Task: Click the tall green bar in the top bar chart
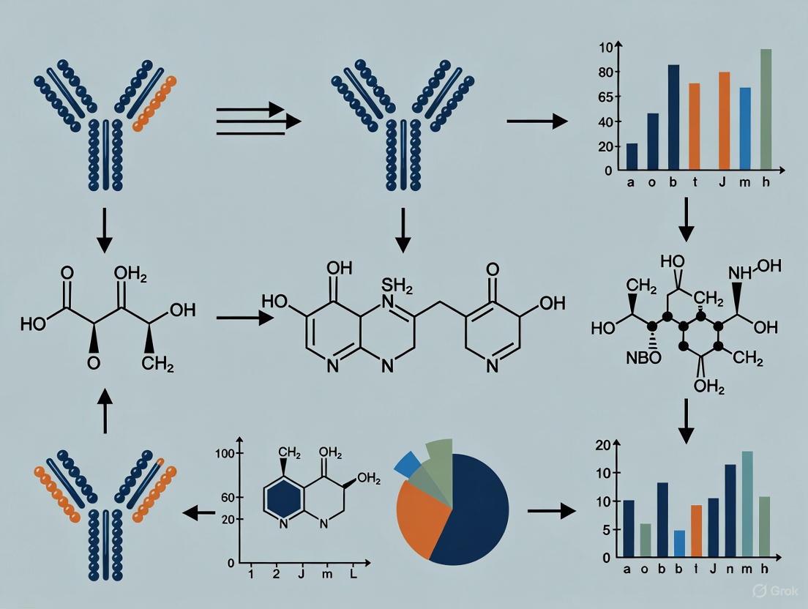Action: click(766, 110)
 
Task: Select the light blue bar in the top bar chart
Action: click(745, 129)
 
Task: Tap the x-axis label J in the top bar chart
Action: click(722, 183)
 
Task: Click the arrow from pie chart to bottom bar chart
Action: click(551, 510)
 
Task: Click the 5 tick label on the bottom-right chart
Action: click(605, 530)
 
